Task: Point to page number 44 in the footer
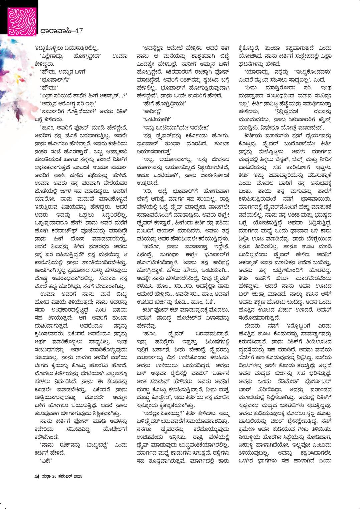(37, 476)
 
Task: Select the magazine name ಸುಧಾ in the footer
(46, 476)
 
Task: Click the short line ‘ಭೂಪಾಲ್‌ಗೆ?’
(53, 80)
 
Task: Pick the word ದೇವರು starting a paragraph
(253, 326)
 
